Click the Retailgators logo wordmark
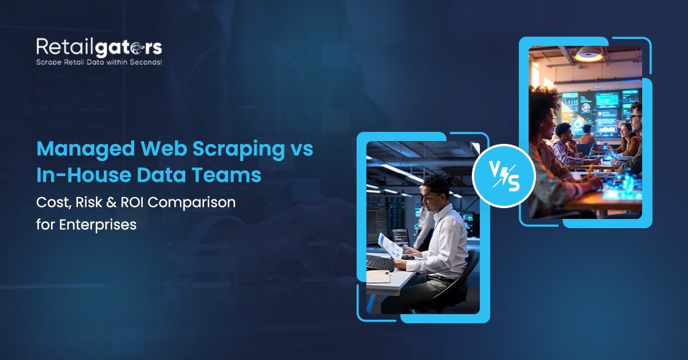(x=99, y=46)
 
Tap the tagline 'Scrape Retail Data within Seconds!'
(x=99, y=61)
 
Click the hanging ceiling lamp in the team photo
(x=588, y=54)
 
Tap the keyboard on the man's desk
(x=380, y=263)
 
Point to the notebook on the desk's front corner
(x=379, y=276)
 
